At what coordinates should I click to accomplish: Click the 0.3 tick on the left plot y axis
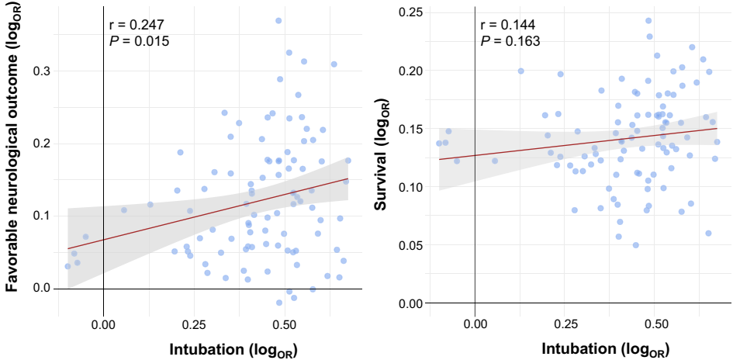[42, 71]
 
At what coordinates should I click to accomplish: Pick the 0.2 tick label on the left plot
[42, 144]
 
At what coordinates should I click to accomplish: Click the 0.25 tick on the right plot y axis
[410, 12]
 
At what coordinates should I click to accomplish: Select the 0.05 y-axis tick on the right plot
[410, 245]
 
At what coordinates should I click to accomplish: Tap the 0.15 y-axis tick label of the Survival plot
[410, 129]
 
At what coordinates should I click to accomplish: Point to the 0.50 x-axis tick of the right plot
[656, 322]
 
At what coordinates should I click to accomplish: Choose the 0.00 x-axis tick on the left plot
[103, 322]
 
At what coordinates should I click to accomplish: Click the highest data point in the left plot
[278, 21]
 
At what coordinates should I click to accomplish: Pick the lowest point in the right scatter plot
[635, 245]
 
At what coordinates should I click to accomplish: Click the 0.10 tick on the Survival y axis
[410, 187]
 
